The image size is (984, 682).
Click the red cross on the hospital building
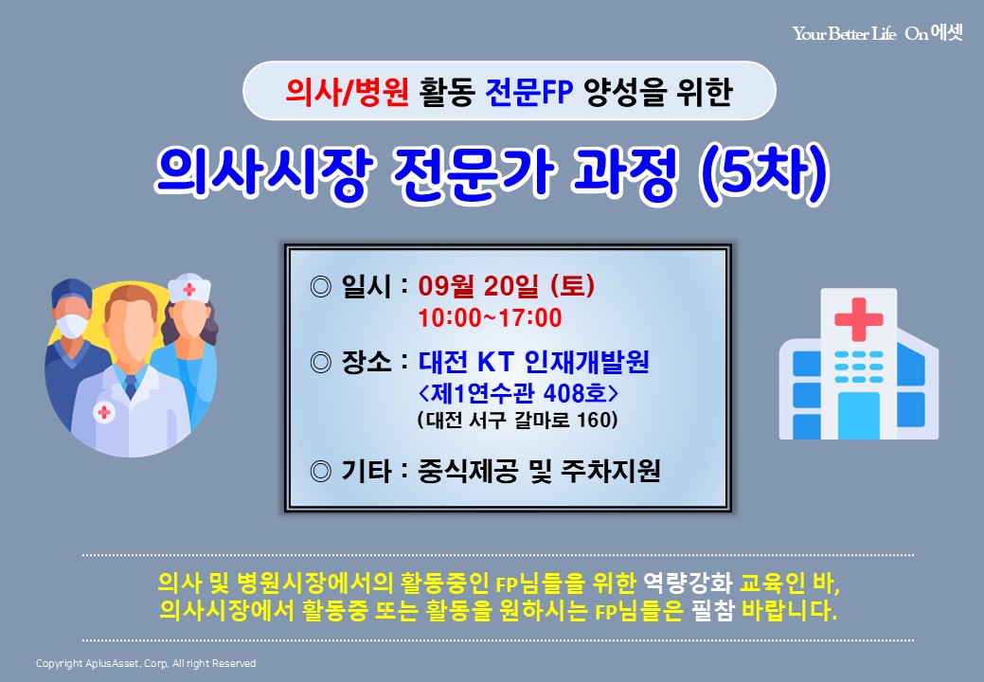point(858,319)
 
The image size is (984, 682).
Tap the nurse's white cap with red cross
point(188,288)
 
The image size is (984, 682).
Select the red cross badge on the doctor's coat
point(104,412)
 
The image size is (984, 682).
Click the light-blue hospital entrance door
point(858,415)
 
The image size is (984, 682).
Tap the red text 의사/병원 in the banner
point(347,92)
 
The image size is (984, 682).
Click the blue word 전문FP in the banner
point(529,92)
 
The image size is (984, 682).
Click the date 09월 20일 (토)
point(507,286)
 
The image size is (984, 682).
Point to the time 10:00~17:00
point(491,318)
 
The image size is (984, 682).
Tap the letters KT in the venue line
point(495,362)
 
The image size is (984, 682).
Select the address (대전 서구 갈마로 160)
point(518,419)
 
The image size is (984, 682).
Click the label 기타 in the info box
point(367,471)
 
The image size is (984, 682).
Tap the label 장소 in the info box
point(367,362)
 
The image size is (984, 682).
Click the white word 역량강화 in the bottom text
point(688,583)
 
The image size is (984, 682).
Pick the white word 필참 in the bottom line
point(712,610)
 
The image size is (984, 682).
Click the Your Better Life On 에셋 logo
point(877,32)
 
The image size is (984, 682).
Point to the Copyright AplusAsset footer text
point(146,663)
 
